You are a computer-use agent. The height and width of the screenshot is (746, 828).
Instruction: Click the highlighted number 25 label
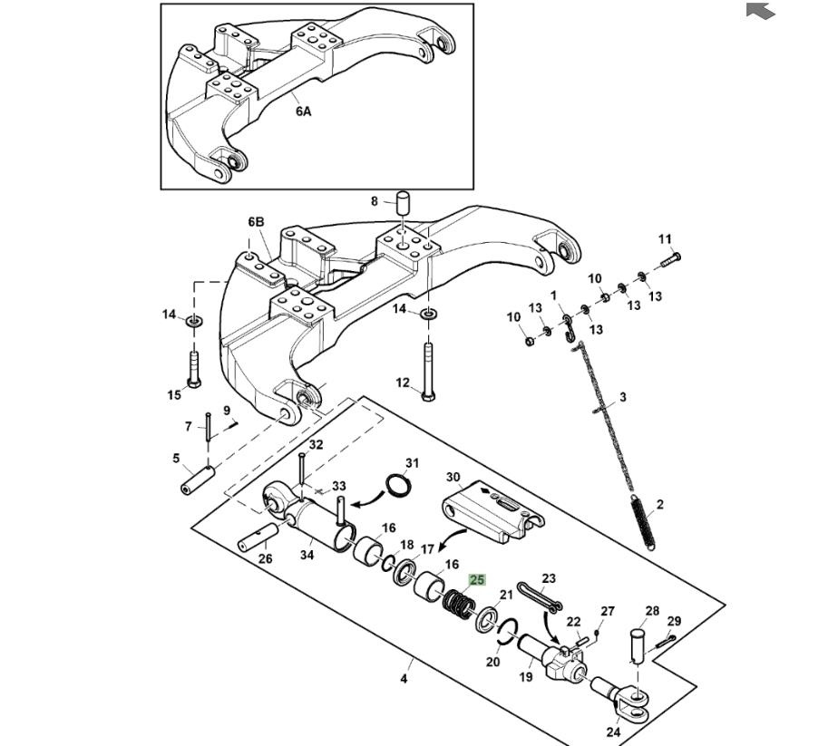point(477,580)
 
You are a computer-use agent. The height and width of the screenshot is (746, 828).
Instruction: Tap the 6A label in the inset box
point(303,111)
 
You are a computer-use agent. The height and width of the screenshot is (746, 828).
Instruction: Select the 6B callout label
point(257,222)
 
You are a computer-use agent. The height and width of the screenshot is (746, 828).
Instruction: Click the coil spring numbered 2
point(643,521)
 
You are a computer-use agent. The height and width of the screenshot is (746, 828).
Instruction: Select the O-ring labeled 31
point(397,486)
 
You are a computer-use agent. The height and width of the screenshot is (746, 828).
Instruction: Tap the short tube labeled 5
point(197,478)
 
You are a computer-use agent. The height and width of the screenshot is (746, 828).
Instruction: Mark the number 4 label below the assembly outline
point(404,679)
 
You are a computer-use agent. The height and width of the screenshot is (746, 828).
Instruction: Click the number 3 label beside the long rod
point(623,397)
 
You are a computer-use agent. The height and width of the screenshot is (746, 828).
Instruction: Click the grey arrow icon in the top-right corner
point(761,10)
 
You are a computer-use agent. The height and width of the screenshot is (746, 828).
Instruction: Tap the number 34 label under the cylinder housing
point(307,555)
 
